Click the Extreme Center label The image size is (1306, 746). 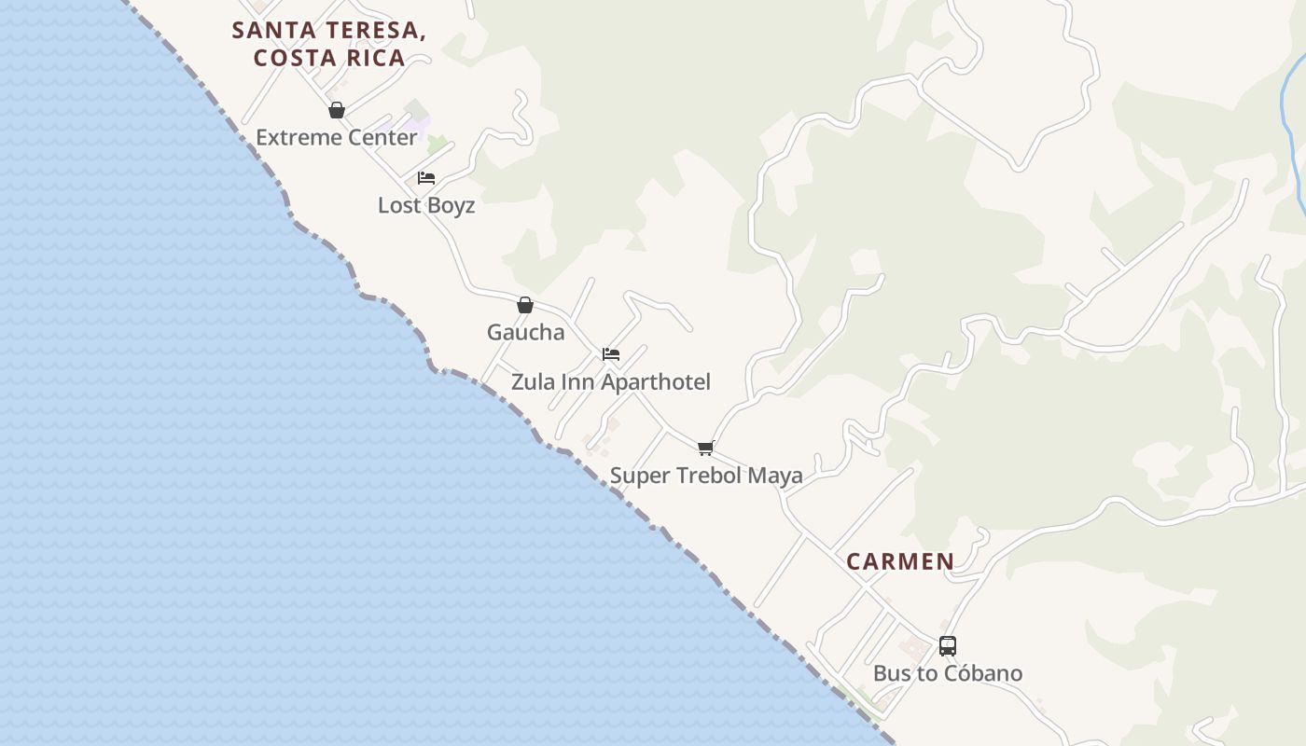coord(336,138)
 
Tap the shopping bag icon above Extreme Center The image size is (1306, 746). coord(337,111)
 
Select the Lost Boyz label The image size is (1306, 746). coord(426,206)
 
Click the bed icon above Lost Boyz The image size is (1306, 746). coord(426,178)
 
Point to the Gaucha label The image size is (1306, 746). coord(525,333)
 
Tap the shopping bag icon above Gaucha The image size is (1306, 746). coord(525,305)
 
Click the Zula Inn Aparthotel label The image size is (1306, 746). coord(610,382)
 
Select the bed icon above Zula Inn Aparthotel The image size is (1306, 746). coord(611,354)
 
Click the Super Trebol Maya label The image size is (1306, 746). coord(706,477)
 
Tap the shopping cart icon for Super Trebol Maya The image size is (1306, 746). coord(706,449)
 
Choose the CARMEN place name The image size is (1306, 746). coord(900,562)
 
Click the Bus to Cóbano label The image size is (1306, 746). coord(947,673)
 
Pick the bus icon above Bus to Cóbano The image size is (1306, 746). coord(948,646)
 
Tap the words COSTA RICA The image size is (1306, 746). coord(329,59)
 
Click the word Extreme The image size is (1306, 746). coord(295,138)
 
